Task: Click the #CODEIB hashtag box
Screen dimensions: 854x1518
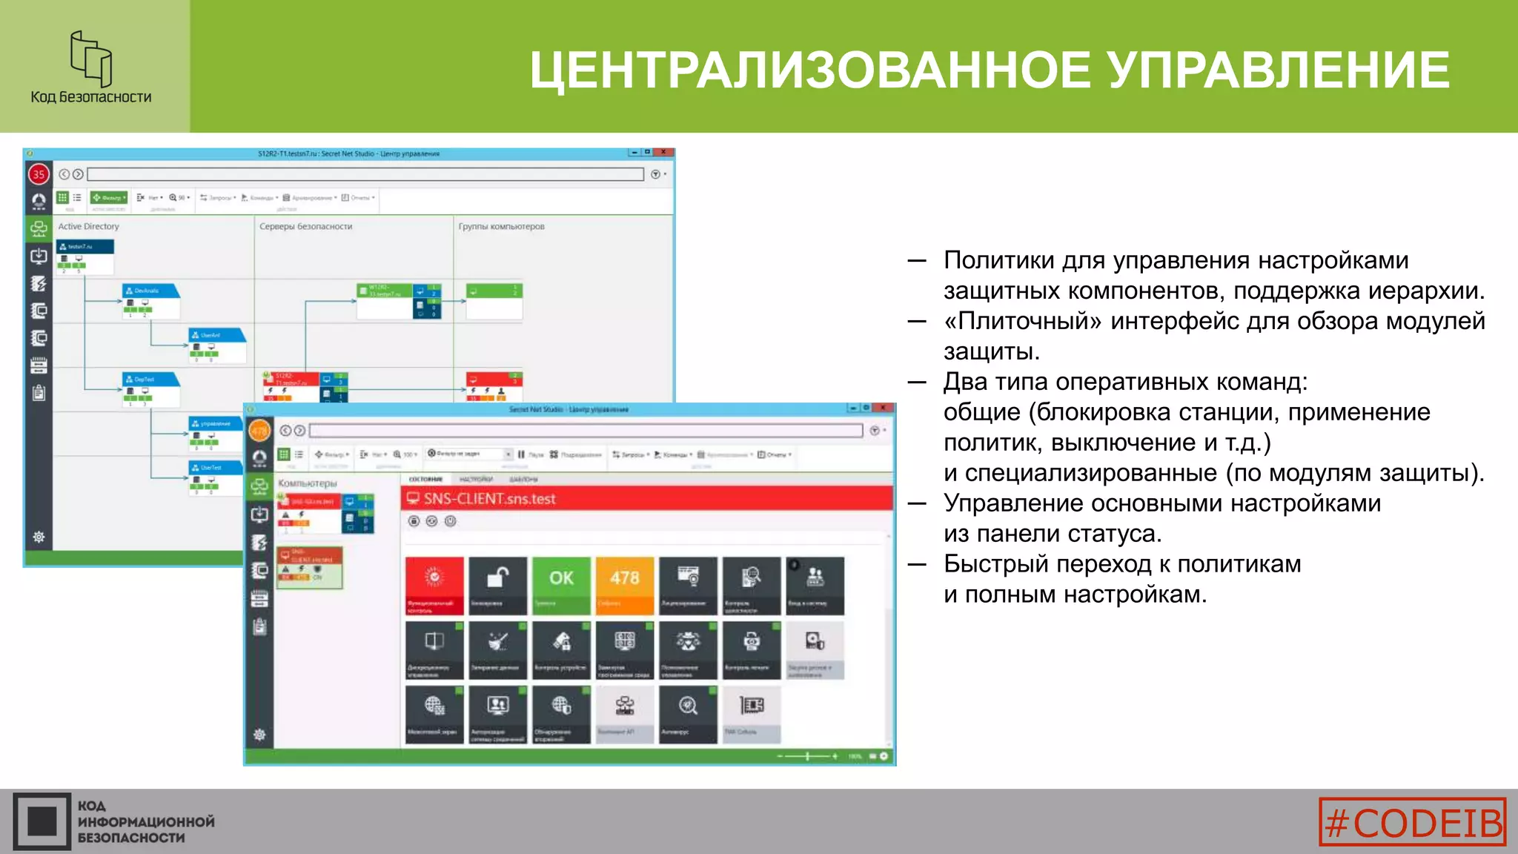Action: click(x=1413, y=821)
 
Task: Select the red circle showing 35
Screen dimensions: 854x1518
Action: click(x=39, y=174)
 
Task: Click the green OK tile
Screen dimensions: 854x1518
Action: click(x=561, y=585)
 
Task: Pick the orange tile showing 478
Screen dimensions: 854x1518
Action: click(x=625, y=585)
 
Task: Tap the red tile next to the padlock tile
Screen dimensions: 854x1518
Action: click(x=434, y=585)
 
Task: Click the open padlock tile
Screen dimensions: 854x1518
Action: click(x=497, y=585)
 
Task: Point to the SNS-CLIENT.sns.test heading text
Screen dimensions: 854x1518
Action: click(x=489, y=499)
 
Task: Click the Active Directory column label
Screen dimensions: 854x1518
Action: click(x=88, y=227)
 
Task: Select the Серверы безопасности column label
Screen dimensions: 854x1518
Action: click(x=305, y=227)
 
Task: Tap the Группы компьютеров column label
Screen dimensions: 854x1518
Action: click(x=501, y=227)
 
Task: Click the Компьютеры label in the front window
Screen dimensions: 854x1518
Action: click(x=307, y=483)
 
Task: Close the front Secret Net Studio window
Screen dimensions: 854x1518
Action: click(x=884, y=408)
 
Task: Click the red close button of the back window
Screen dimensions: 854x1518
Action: click(x=664, y=152)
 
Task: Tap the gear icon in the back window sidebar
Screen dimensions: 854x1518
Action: click(x=39, y=537)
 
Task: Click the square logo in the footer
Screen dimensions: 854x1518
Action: click(x=42, y=821)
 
